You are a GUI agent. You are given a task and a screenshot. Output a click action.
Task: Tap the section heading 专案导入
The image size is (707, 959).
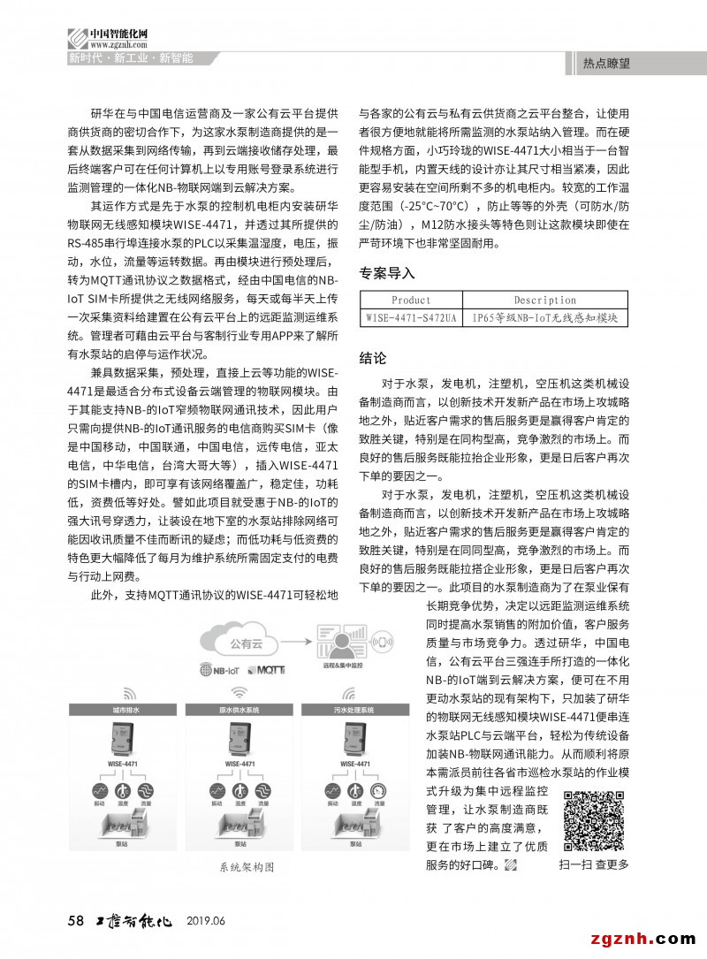pos(386,273)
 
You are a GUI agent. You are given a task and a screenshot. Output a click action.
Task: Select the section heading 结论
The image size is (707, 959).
pos(372,359)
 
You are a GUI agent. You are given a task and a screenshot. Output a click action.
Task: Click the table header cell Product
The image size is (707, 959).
pos(411,301)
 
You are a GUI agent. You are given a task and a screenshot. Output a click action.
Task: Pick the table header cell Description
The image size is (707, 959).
pos(544,301)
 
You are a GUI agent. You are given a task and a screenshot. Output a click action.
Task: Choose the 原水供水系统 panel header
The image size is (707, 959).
pos(238,710)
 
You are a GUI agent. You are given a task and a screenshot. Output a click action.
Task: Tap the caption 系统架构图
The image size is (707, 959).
pos(247,868)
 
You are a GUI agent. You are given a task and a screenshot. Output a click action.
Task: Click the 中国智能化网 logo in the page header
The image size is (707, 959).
pos(107,37)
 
